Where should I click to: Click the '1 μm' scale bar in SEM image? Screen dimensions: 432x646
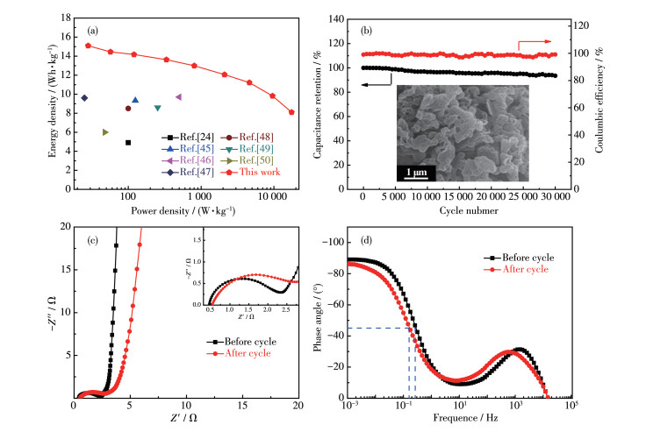tap(420, 170)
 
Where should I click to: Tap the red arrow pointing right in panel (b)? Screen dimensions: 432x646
tap(538, 41)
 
